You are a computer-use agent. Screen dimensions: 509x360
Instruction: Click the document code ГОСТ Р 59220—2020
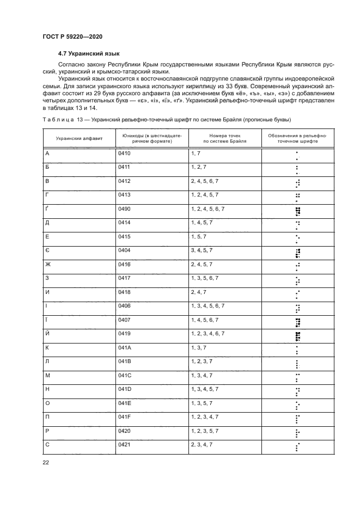(72, 36)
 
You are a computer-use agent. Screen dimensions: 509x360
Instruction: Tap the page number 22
(46, 463)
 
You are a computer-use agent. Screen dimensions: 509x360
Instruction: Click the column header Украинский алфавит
(78, 139)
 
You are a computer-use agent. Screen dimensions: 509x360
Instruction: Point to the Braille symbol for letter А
(297, 156)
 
